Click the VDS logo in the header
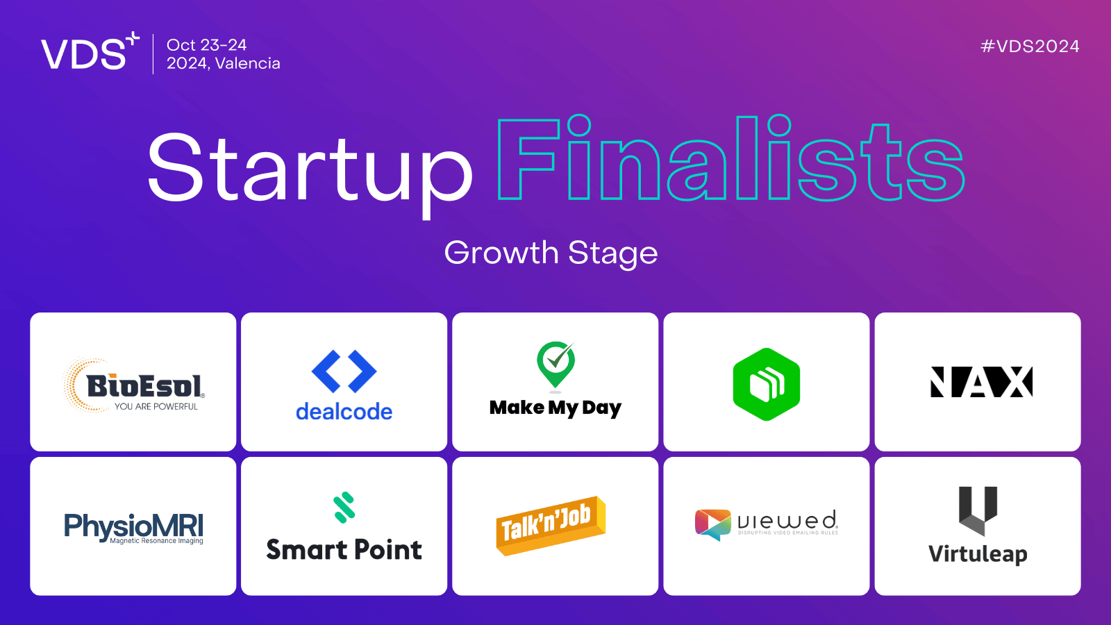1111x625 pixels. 89,52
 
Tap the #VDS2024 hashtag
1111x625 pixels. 1029,47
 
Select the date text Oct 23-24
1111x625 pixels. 206,45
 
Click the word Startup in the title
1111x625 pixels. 310,169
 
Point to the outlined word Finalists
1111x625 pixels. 730,160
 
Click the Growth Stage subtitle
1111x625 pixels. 551,253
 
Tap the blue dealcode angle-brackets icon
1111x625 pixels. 344,371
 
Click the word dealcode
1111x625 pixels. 344,412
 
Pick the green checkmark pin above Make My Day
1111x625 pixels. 555,363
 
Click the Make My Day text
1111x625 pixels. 555,408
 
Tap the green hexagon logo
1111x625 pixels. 767,384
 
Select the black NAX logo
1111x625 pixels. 981,382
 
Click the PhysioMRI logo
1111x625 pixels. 133,527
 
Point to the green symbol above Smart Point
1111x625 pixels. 344,507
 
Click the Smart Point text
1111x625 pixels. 344,550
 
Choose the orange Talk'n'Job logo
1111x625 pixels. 551,525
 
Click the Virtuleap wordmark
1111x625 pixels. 978,554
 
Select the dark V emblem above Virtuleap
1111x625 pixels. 978,510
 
